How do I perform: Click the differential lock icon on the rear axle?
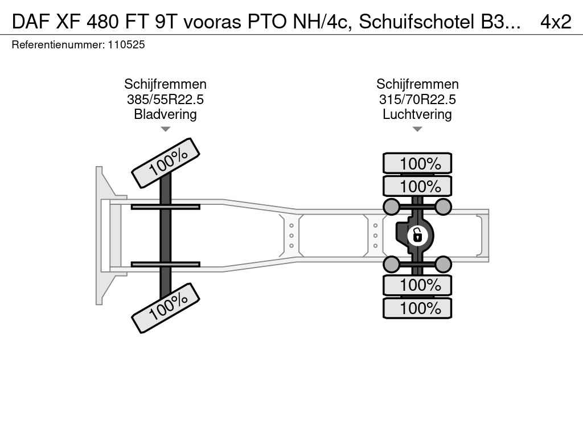(417, 236)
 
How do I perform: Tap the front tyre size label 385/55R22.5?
(166, 99)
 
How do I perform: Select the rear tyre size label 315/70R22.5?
(417, 99)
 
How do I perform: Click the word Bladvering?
(166, 114)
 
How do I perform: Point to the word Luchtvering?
(417, 114)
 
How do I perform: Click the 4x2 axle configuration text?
(556, 22)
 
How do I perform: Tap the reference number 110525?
(126, 44)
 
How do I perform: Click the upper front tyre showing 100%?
(166, 163)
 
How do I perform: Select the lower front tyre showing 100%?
(166, 308)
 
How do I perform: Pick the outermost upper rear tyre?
(417, 163)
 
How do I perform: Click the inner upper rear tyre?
(417, 186)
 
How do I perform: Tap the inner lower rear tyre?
(417, 286)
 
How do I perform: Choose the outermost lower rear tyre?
(417, 308)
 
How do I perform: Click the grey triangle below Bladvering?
(166, 129)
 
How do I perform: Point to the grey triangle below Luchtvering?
(417, 129)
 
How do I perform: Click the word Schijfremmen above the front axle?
(166, 84)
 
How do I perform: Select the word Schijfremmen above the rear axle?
(417, 84)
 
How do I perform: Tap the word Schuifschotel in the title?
(417, 22)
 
